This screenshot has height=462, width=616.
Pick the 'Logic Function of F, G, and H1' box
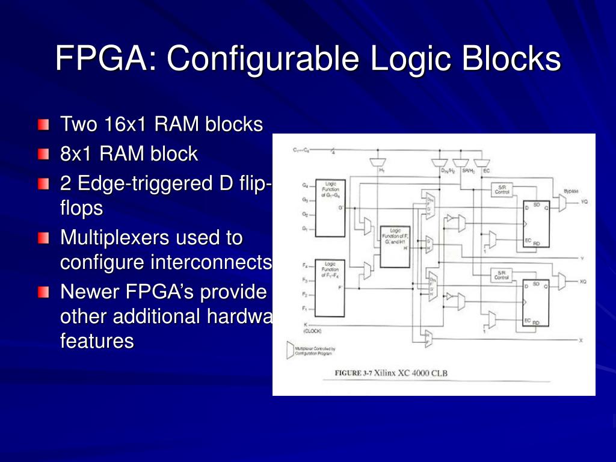(395, 246)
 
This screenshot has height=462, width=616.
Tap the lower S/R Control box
(502, 275)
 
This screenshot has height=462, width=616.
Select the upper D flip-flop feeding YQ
(535, 221)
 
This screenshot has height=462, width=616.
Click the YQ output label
(584, 202)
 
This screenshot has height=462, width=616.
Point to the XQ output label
(583, 282)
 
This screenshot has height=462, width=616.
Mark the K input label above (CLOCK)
(305, 324)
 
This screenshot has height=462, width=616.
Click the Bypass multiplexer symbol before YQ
(562, 203)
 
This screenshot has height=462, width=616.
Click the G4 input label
(305, 185)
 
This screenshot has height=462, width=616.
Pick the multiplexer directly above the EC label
(481, 162)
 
